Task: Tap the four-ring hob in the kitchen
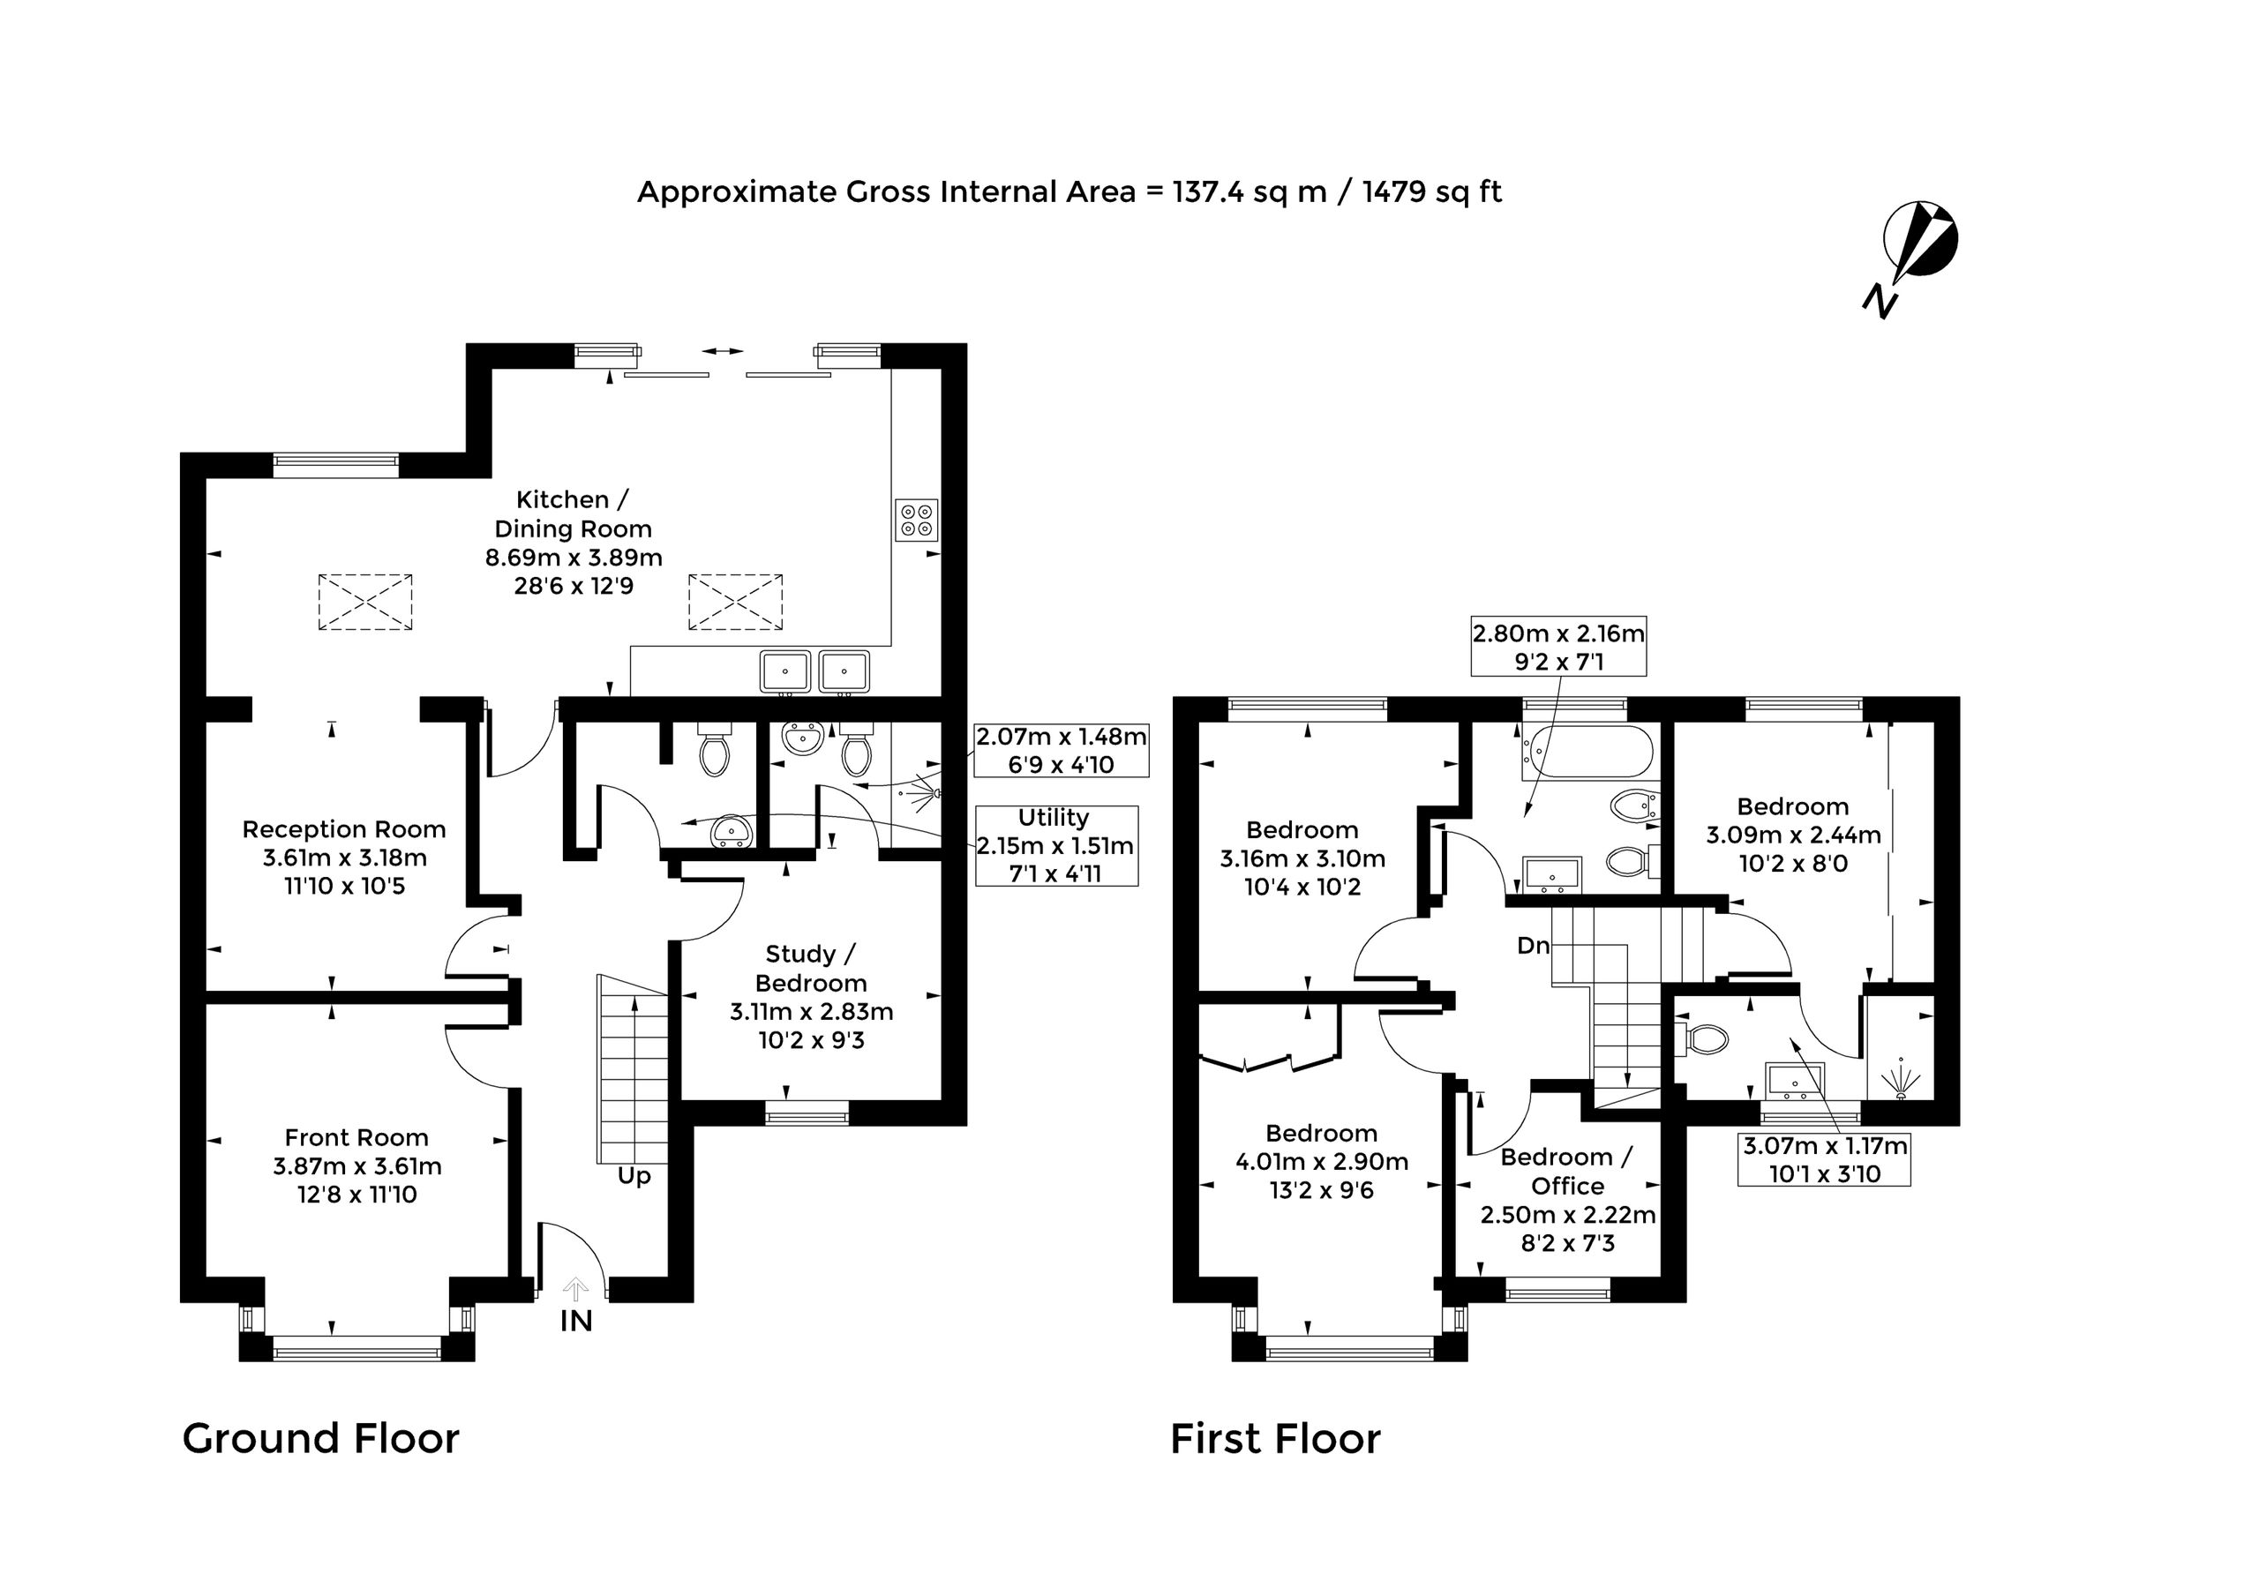916,521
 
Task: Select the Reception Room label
343,829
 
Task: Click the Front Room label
356,1137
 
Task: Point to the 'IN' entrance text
575,1322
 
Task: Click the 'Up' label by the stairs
634,1177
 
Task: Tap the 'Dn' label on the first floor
1533,946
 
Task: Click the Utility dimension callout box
1055,846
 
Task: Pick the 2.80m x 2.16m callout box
1558,647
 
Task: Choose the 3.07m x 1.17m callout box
1824,1159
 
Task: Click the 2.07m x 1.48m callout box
1061,750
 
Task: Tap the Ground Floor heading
320,1438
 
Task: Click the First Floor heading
1275,1438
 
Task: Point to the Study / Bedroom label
811,968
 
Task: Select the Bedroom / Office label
1567,1171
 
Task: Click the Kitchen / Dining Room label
573,513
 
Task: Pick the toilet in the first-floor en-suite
1702,1038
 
